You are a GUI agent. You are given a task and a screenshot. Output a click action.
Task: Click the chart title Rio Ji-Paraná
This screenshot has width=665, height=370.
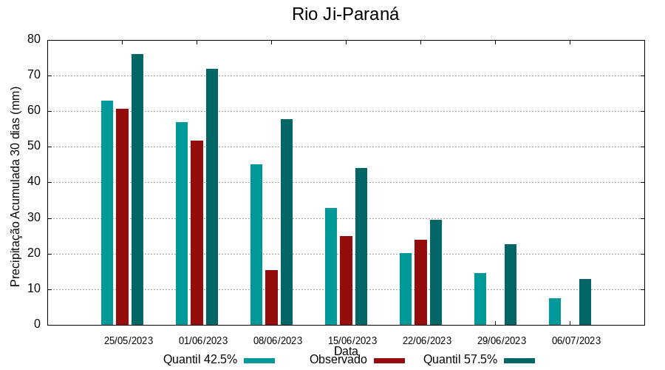(x=345, y=14)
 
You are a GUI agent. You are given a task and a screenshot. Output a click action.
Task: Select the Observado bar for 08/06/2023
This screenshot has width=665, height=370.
(x=271, y=297)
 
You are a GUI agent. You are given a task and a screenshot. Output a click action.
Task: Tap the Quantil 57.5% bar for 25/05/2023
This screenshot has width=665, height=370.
(x=137, y=189)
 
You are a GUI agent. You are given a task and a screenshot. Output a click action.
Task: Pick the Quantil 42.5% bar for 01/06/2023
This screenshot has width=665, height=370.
(x=182, y=223)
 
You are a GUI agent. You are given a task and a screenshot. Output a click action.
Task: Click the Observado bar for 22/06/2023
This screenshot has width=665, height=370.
(x=420, y=282)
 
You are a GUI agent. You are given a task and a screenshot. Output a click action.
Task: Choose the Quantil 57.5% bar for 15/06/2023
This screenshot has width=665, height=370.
(x=361, y=246)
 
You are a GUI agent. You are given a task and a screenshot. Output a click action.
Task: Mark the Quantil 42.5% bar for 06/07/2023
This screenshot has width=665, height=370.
(x=555, y=312)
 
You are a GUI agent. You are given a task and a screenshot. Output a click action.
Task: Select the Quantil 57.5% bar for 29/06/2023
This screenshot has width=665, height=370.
(x=511, y=284)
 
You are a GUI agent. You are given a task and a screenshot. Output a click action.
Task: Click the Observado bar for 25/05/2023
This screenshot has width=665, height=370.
(x=122, y=217)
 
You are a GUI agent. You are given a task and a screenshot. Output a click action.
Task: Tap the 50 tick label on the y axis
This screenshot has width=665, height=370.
(x=34, y=147)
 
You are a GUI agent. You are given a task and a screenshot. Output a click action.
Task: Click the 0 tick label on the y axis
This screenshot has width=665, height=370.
(x=37, y=325)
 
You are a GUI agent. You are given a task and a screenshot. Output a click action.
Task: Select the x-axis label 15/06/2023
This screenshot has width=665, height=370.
(x=352, y=340)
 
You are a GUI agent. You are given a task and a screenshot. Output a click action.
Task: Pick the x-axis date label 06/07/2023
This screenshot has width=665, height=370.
(x=576, y=340)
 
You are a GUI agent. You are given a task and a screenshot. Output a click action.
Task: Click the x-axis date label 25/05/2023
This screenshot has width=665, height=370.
(x=129, y=340)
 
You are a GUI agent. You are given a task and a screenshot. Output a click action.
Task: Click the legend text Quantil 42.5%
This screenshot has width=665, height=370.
(x=200, y=360)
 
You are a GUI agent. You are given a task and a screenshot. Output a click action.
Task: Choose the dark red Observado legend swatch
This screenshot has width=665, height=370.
(x=389, y=360)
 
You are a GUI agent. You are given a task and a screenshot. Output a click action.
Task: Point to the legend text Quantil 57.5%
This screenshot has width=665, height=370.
(x=460, y=360)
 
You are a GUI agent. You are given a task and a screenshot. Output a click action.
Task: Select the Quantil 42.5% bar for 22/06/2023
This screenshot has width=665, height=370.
(x=406, y=289)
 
